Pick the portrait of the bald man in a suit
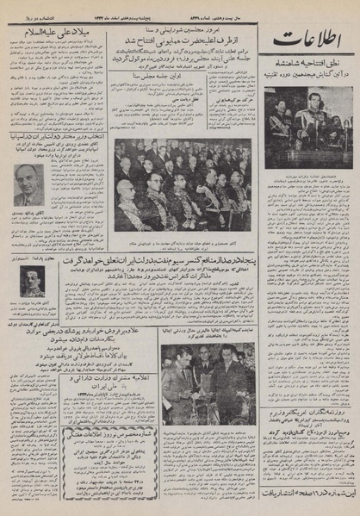click(29, 184)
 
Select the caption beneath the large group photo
click(183, 239)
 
